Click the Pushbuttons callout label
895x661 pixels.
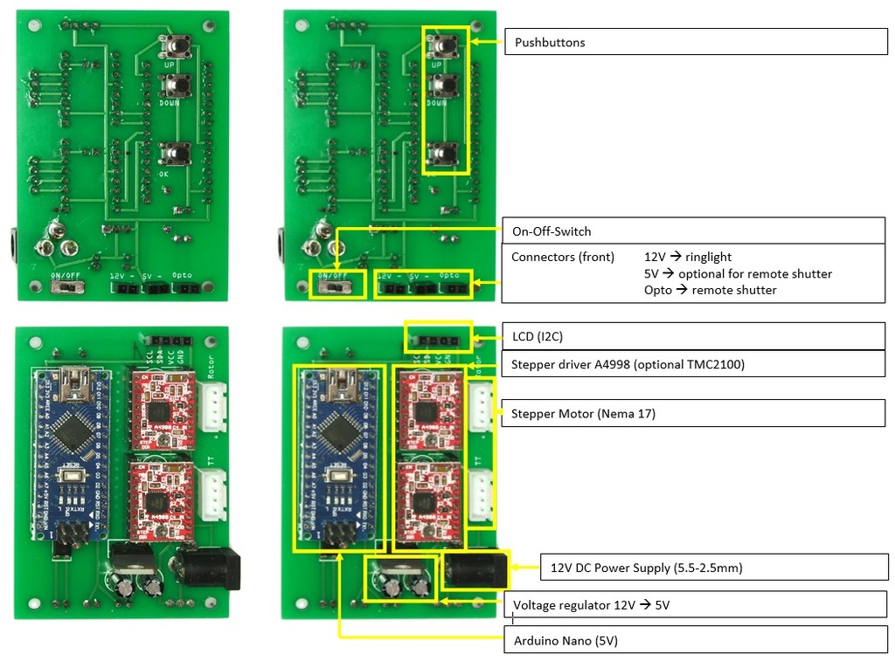[x=550, y=42]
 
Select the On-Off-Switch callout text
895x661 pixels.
[x=552, y=231]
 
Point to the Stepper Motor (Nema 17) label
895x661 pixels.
[x=583, y=414]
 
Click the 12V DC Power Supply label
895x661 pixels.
[x=646, y=568]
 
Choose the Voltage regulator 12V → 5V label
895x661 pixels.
[x=591, y=605]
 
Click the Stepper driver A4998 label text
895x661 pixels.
[x=628, y=364]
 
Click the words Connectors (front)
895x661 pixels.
[x=563, y=258]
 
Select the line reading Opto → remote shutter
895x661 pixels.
[x=710, y=290]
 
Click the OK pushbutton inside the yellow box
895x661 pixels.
[x=443, y=155]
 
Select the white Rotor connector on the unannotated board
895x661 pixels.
[x=212, y=406]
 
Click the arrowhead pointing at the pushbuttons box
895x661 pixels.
[x=474, y=41]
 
